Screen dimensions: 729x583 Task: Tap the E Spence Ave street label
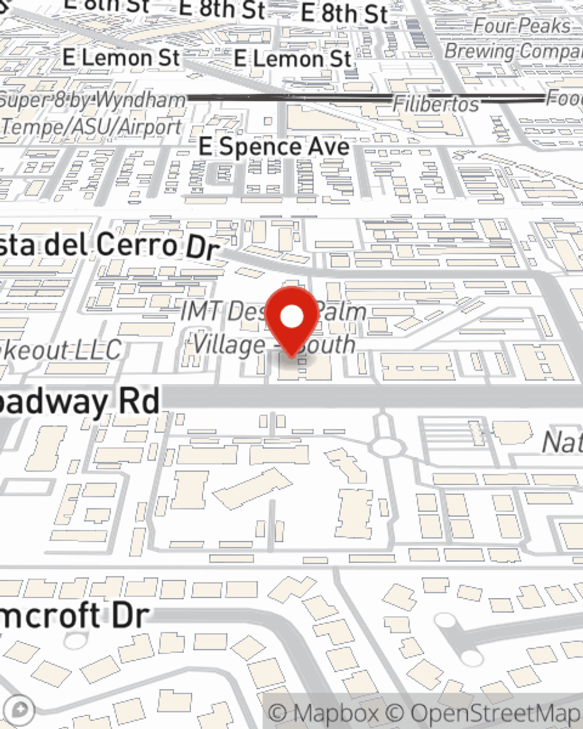pyautogui.click(x=274, y=146)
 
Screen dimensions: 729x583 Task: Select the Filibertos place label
pyautogui.click(x=436, y=104)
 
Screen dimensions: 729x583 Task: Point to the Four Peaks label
pyautogui.click(x=522, y=26)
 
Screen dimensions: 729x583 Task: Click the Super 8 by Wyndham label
pyautogui.click(x=93, y=100)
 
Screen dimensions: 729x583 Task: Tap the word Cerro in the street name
pyautogui.click(x=138, y=244)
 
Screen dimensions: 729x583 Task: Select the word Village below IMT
pyautogui.click(x=229, y=345)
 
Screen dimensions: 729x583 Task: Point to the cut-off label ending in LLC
pyautogui.click(x=61, y=351)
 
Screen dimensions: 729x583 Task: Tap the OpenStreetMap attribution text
pyautogui.click(x=496, y=713)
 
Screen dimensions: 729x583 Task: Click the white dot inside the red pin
pyautogui.click(x=292, y=317)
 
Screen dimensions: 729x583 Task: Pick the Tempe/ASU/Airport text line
pyautogui.click(x=92, y=126)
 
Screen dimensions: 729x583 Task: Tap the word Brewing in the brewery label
pyautogui.click(x=479, y=51)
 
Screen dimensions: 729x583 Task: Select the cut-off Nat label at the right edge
pyautogui.click(x=562, y=442)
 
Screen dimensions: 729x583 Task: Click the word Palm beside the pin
pyautogui.click(x=342, y=311)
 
